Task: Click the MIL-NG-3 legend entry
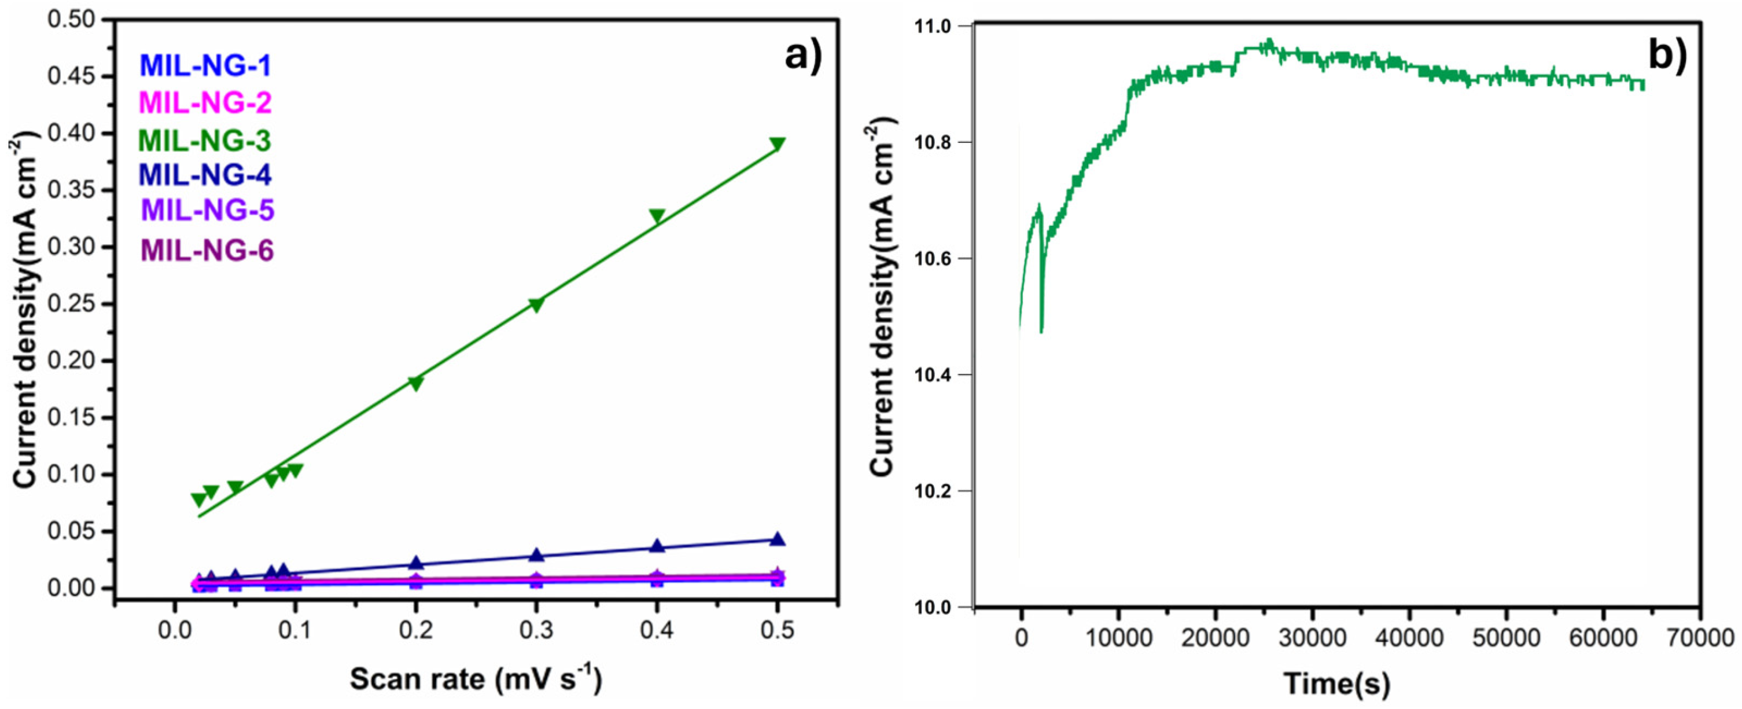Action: coord(204,141)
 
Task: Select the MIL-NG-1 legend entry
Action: coord(204,65)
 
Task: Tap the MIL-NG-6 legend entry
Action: coord(207,251)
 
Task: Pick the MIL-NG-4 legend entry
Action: coord(204,176)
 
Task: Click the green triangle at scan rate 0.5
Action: coord(777,144)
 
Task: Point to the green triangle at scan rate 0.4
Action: coord(657,216)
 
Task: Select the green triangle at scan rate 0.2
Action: coord(416,384)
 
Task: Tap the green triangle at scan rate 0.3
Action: coord(536,305)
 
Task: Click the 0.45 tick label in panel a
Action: coord(76,76)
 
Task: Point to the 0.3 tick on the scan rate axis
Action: coord(536,630)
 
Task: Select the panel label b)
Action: coord(1667,56)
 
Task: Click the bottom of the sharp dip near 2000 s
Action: coord(1041,332)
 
